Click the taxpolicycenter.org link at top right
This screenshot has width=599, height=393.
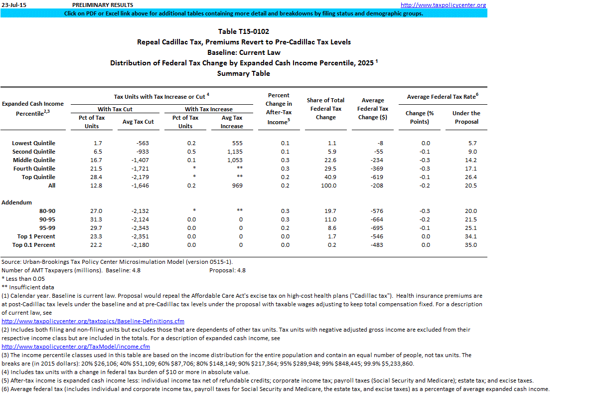click(x=443, y=5)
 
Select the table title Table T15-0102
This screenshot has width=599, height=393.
click(x=244, y=31)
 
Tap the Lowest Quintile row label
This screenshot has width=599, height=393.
click(x=33, y=143)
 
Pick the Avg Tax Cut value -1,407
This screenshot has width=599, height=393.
click(x=142, y=160)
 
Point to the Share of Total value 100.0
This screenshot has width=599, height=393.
click(x=329, y=186)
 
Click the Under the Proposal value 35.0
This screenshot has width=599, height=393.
click(x=470, y=245)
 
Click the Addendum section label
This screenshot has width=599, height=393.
click(x=16, y=202)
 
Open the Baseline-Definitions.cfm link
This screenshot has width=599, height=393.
click(x=93, y=321)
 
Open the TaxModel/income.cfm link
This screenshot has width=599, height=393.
click(x=76, y=347)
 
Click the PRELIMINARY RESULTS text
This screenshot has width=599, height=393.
click(x=103, y=5)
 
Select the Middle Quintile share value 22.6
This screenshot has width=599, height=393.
click(x=329, y=160)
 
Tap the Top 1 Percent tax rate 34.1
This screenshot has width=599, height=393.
click(x=470, y=236)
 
